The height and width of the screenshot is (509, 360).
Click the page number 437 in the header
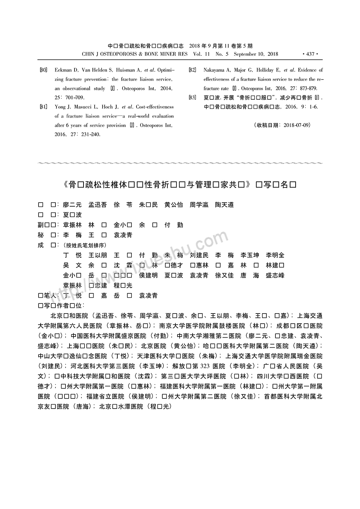310,54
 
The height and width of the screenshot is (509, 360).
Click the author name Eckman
63,70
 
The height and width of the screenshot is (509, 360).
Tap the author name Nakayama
217,70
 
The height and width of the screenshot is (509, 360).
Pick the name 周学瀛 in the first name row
199,205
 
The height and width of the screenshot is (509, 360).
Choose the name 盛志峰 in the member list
275,275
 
